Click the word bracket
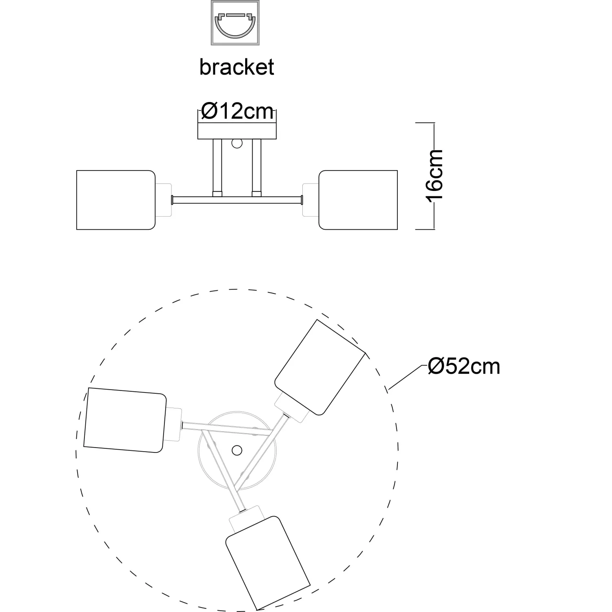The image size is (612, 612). pyautogui.click(x=237, y=67)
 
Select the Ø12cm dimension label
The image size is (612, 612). pyautogui.click(x=237, y=111)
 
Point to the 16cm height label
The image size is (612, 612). pyautogui.click(x=434, y=175)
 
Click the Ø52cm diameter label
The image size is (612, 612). pyautogui.click(x=464, y=366)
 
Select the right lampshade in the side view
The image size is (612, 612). pyautogui.click(x=358, y=200)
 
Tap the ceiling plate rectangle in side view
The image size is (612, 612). pyautogui.click(x=237, y=131)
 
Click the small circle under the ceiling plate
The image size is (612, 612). pyautogui.click(x=237, y=144)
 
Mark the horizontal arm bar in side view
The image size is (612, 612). pyautogui.click(x=237, y=200)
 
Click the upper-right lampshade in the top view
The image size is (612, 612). pyautogui.click(x=320, y=367)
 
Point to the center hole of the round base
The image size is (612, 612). pyautogui.click(x=236, y=450)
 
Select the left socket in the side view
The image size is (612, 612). pyautogui.click(x=163, y=200)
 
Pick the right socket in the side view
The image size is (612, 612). pyautogui.click(x=310, y=200)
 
